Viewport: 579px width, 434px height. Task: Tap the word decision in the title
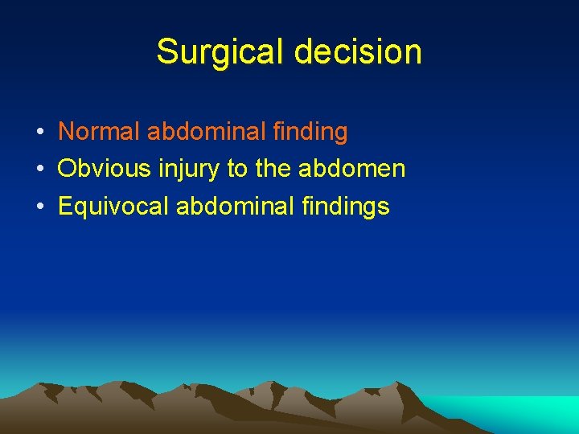(358, 51)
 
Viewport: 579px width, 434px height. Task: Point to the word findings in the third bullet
(349, 207)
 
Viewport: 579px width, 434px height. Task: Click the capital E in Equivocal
(65, 207)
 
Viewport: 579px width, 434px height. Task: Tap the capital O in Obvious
(68, 169)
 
